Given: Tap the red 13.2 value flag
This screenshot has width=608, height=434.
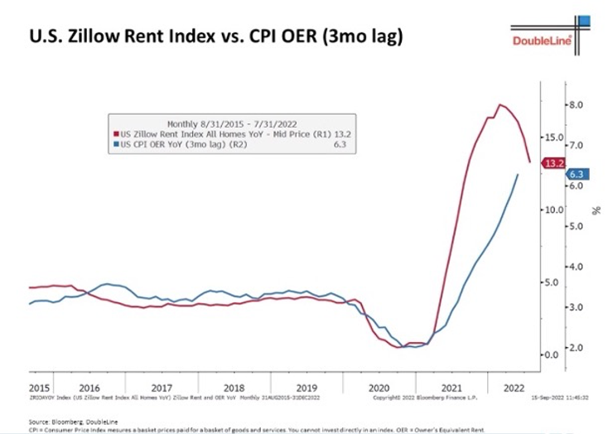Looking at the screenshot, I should (x=553, y=164).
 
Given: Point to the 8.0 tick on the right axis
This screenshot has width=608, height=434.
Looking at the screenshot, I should (x=576, y=104).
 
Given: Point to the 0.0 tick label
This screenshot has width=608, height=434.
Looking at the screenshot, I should (x=552, y=354).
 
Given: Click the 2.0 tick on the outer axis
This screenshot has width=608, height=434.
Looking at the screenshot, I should (x=576, y=347).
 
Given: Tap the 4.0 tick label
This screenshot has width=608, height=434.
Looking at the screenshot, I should (x=576, y=267).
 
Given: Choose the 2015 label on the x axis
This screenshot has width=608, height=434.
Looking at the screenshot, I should (x=39, y=387).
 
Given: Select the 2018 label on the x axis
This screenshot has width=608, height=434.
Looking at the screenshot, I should (x=234, y=387).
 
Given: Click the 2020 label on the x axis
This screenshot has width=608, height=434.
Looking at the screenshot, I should (x=378, y=387).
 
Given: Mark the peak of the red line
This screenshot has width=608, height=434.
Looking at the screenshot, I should (x=499, y=104).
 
